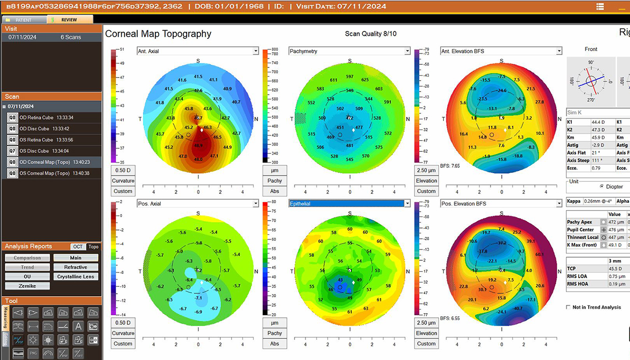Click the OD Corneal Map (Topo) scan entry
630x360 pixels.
pyautogui.click(x=55, y=162)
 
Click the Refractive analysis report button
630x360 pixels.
pyautogui.click(x=75, y=267)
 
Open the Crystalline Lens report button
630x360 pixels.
pyautogui.click(x=75, y=277)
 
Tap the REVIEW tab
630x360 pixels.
pyautogui.click(x=69, y=20)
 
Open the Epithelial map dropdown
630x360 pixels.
pyautogui.click(x=349, y=203)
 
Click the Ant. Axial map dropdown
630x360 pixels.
pyautogui.click(x=197, y=51)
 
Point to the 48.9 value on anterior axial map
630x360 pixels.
pyautogui.click(x=198, y=146)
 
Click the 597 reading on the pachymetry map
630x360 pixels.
pyautogui.click(x=349, y=76)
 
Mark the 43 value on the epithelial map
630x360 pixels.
pyautogui.click(x=340, y=280)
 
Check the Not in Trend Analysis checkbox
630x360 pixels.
pyautogui.click(x=569, y=307)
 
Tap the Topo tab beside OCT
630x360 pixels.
pyautogui.click(x=94, y=247)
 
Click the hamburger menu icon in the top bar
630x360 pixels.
pyautogui.click(x=600, y=6)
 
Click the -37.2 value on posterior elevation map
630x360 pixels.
pyautogui.click(x=502, y=243)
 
